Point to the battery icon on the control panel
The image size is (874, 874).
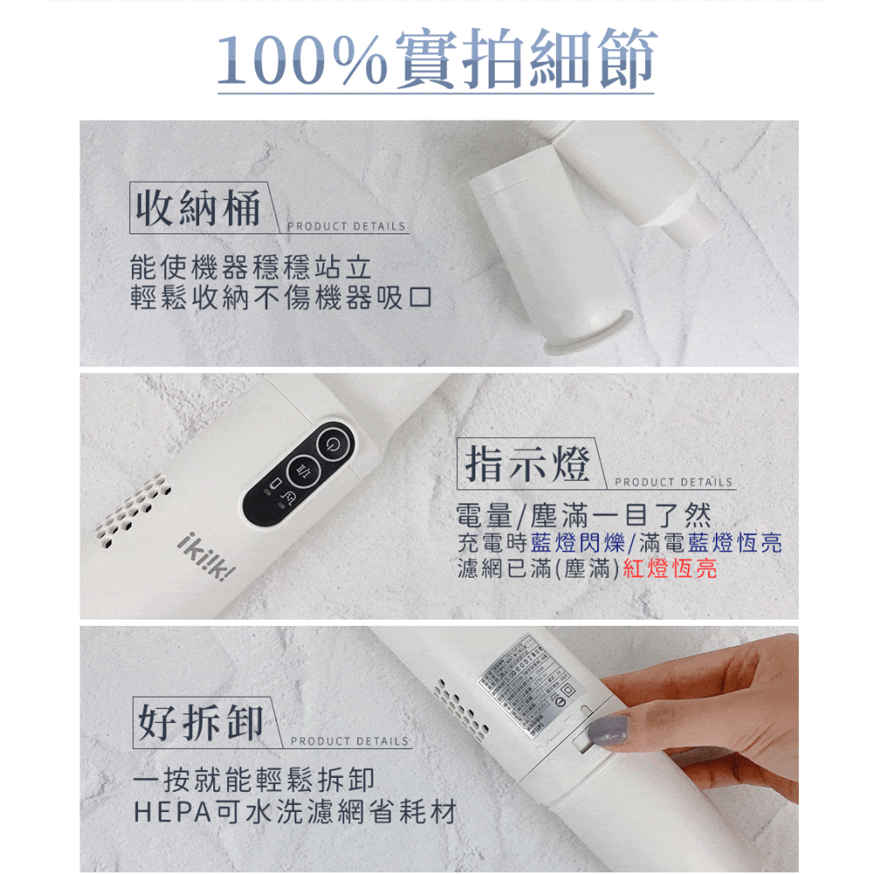coord(274,484)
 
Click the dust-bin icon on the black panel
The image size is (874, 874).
coord(290,496)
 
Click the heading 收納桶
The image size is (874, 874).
coord(197,208)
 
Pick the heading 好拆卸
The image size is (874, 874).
coord(200,723)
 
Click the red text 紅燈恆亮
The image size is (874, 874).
coord(669,570)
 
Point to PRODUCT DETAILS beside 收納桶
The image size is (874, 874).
coord(347,226)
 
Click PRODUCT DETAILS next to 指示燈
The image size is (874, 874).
coord(674,482)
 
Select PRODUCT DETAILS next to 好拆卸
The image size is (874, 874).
coord(350,741)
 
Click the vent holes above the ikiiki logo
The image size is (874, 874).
coord(131,506)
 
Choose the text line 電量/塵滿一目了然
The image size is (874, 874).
coord(584,515)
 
